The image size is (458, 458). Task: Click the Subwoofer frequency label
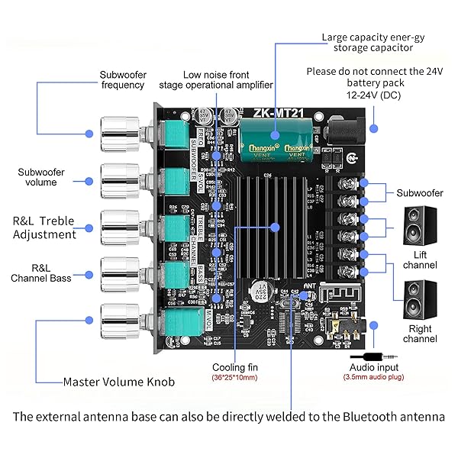click(123, 80)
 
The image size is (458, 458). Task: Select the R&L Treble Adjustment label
click(44, 227)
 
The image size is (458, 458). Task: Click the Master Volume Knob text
click(118, 382)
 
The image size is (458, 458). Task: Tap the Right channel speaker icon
click(419, 299)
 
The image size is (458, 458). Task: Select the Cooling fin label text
click(234, 367)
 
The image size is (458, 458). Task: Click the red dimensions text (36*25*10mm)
click(234, 378)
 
